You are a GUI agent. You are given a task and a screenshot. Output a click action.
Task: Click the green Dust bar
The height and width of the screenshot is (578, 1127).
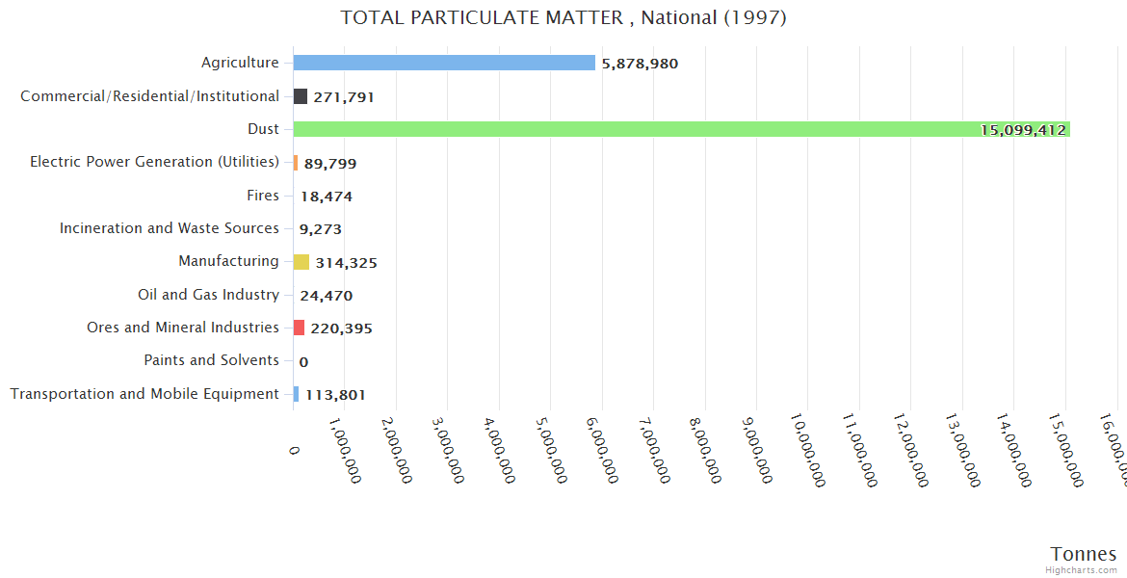pos(674,129)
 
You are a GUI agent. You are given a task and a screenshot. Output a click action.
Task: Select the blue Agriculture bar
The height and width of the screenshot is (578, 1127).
pos(443,63)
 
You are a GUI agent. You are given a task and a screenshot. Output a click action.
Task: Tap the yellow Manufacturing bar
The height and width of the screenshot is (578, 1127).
pos(301,262)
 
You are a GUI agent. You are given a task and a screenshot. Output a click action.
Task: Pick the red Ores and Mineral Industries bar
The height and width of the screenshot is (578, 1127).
pos(299,328)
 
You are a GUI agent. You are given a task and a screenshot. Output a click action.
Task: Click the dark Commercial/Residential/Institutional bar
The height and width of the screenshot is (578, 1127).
pos(301,96)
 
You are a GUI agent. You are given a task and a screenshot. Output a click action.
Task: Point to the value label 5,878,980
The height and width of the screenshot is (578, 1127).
pos(640,64)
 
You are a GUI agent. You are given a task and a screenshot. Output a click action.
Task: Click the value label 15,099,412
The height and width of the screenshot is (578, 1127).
pos(1023,130)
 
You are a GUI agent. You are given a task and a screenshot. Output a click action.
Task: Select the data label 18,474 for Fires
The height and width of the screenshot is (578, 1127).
pos(327,197)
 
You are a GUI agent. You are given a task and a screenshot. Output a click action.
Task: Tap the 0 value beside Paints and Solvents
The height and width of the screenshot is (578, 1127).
pos(303,362)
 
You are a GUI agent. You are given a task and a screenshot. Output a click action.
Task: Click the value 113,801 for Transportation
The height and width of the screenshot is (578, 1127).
pos(335,394)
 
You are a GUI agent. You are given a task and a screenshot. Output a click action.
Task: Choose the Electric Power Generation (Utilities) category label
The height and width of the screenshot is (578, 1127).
pos(154,162)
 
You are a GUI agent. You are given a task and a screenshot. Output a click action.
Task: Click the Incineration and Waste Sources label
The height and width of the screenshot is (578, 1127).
pos(169,228)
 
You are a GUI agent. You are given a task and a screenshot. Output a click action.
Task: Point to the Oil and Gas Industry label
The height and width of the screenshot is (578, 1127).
pos(208,295)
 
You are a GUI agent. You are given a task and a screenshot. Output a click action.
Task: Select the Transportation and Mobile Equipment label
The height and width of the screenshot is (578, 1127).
pos(144,394)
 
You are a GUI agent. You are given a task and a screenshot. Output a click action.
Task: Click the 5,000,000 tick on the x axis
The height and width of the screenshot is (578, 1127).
pos(558,449)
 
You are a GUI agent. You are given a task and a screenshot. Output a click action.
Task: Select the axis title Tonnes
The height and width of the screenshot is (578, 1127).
pos(1084,554)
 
